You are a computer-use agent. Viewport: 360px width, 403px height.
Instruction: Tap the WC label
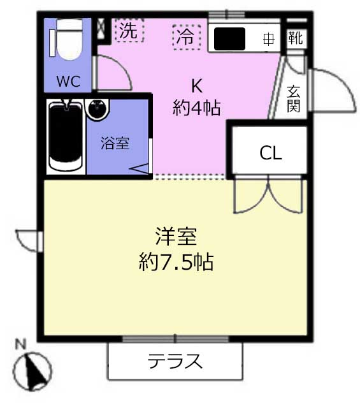point(68,81)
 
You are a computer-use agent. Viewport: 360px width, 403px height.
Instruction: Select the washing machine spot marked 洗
point(129,31)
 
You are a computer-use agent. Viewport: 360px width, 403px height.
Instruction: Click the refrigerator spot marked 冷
point(187,37)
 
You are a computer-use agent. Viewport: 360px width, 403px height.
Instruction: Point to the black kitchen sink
point(229,38)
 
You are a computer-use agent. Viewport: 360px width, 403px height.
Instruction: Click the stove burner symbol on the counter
point(269,40)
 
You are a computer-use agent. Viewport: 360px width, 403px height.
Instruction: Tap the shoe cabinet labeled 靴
point(296,38)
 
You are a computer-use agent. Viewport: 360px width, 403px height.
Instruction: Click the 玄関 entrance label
point(294,99)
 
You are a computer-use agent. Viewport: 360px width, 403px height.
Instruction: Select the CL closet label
point(271,153)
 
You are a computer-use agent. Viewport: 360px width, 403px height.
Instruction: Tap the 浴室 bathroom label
point(115,143)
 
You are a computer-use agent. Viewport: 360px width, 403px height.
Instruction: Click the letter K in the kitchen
point(197,85)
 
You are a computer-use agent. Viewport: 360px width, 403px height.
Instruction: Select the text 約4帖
point(197,108)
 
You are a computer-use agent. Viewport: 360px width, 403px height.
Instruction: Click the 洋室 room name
point(176,237)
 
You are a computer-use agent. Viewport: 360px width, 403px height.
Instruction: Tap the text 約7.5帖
point(176,261)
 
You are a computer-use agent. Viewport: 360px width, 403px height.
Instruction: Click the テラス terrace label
point(175,361)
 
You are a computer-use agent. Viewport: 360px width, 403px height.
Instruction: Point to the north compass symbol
point(32,371)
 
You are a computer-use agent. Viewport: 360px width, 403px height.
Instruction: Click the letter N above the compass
point(21,344)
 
